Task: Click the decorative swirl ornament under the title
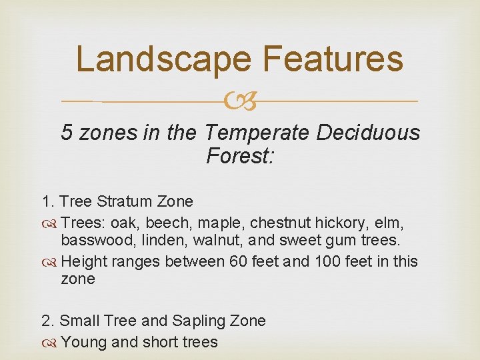coord(240,102)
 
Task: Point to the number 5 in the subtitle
coord(67,133)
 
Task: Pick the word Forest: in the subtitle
coord(240,157)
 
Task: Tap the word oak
coord(125,221)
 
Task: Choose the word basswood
coord(93,241)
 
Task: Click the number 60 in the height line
coord(239,261)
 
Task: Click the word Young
coord(81,341)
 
